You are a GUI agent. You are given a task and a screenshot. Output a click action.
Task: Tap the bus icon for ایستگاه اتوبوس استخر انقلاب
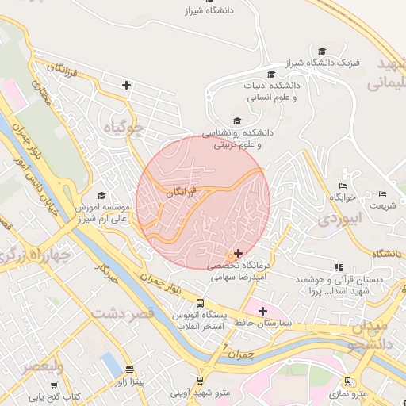(x=200, y=302)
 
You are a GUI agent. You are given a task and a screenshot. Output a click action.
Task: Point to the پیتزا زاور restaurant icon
(x=129, y=370)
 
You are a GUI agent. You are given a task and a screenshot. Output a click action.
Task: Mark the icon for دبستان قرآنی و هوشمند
(x=339, y=268)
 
